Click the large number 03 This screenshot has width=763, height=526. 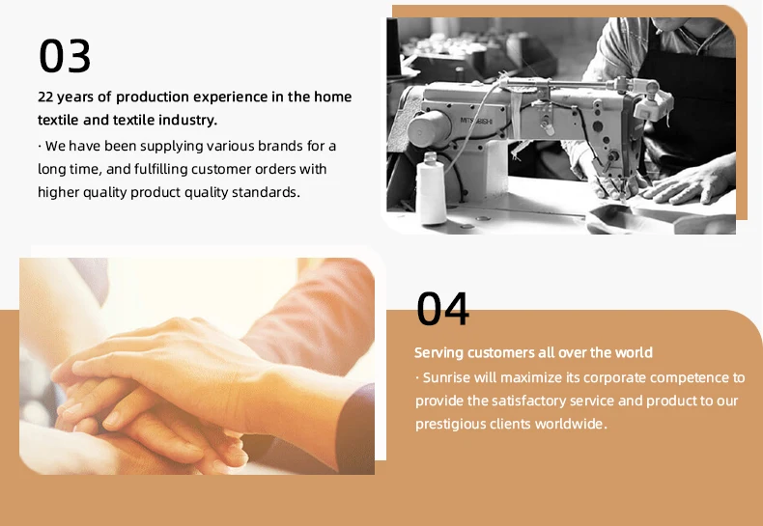coord(65,56)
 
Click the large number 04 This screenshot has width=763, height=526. coord(442,309)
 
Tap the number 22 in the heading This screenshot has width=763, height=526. coord(45,97)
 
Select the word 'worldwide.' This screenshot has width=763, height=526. coord(571,424)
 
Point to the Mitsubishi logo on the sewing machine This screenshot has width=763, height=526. coord(477,121)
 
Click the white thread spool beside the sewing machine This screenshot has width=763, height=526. coord(431,188)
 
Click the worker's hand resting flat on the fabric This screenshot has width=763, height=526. coord(687,183)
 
